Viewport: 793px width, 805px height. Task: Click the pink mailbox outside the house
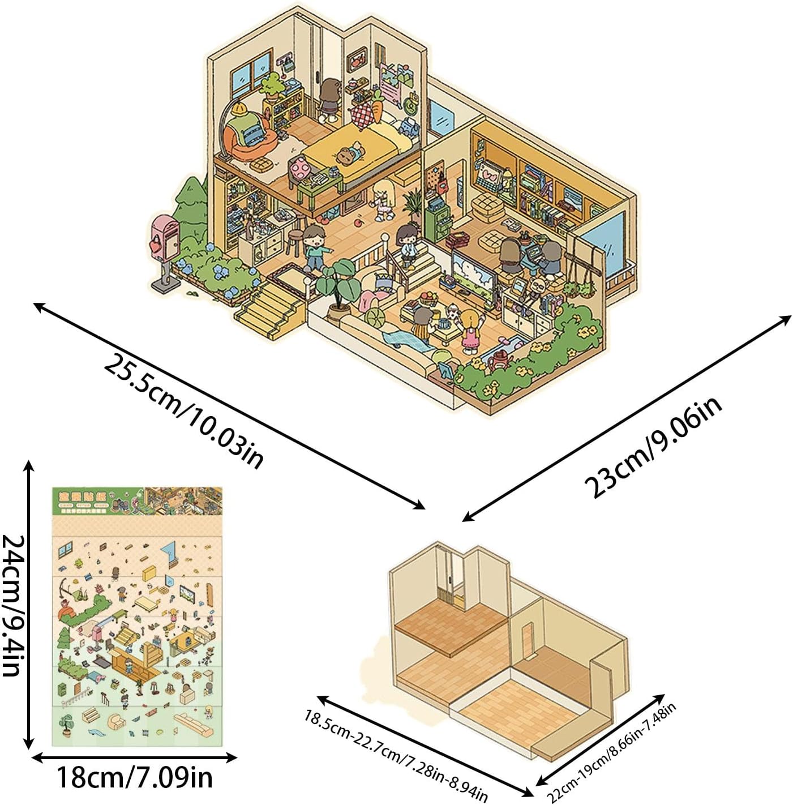[x=165, y=238]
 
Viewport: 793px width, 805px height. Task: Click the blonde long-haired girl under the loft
[x=383, y=199]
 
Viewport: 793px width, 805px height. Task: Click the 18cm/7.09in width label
[x=134, y=778]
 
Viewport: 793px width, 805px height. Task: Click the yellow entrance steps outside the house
[x=269, y=309]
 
